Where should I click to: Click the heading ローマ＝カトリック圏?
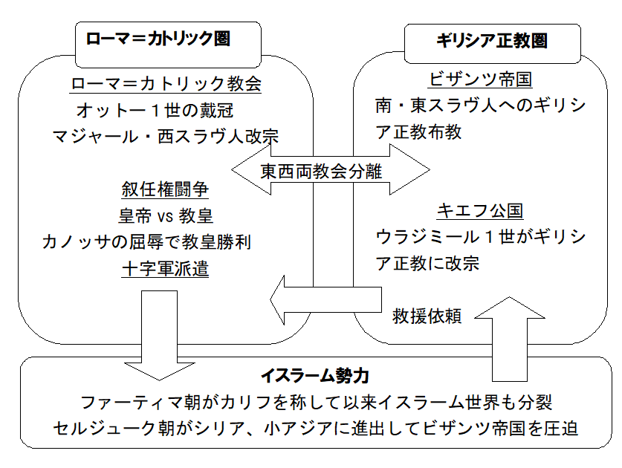[x=158, y=39]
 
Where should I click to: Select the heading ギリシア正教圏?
[x=491, y=41]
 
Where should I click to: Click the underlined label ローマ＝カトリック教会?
[x=166, y=84]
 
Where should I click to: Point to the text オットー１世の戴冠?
[x=155, y=111]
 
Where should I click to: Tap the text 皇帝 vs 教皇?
[x=165, y=216]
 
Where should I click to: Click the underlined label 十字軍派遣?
[x=165, y=268]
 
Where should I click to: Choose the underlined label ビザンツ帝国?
[x=480, y=80]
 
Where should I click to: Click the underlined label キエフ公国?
[x=479, y=211]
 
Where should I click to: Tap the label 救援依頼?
[x=427, y=316]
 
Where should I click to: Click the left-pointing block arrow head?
[x=285, y=300]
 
